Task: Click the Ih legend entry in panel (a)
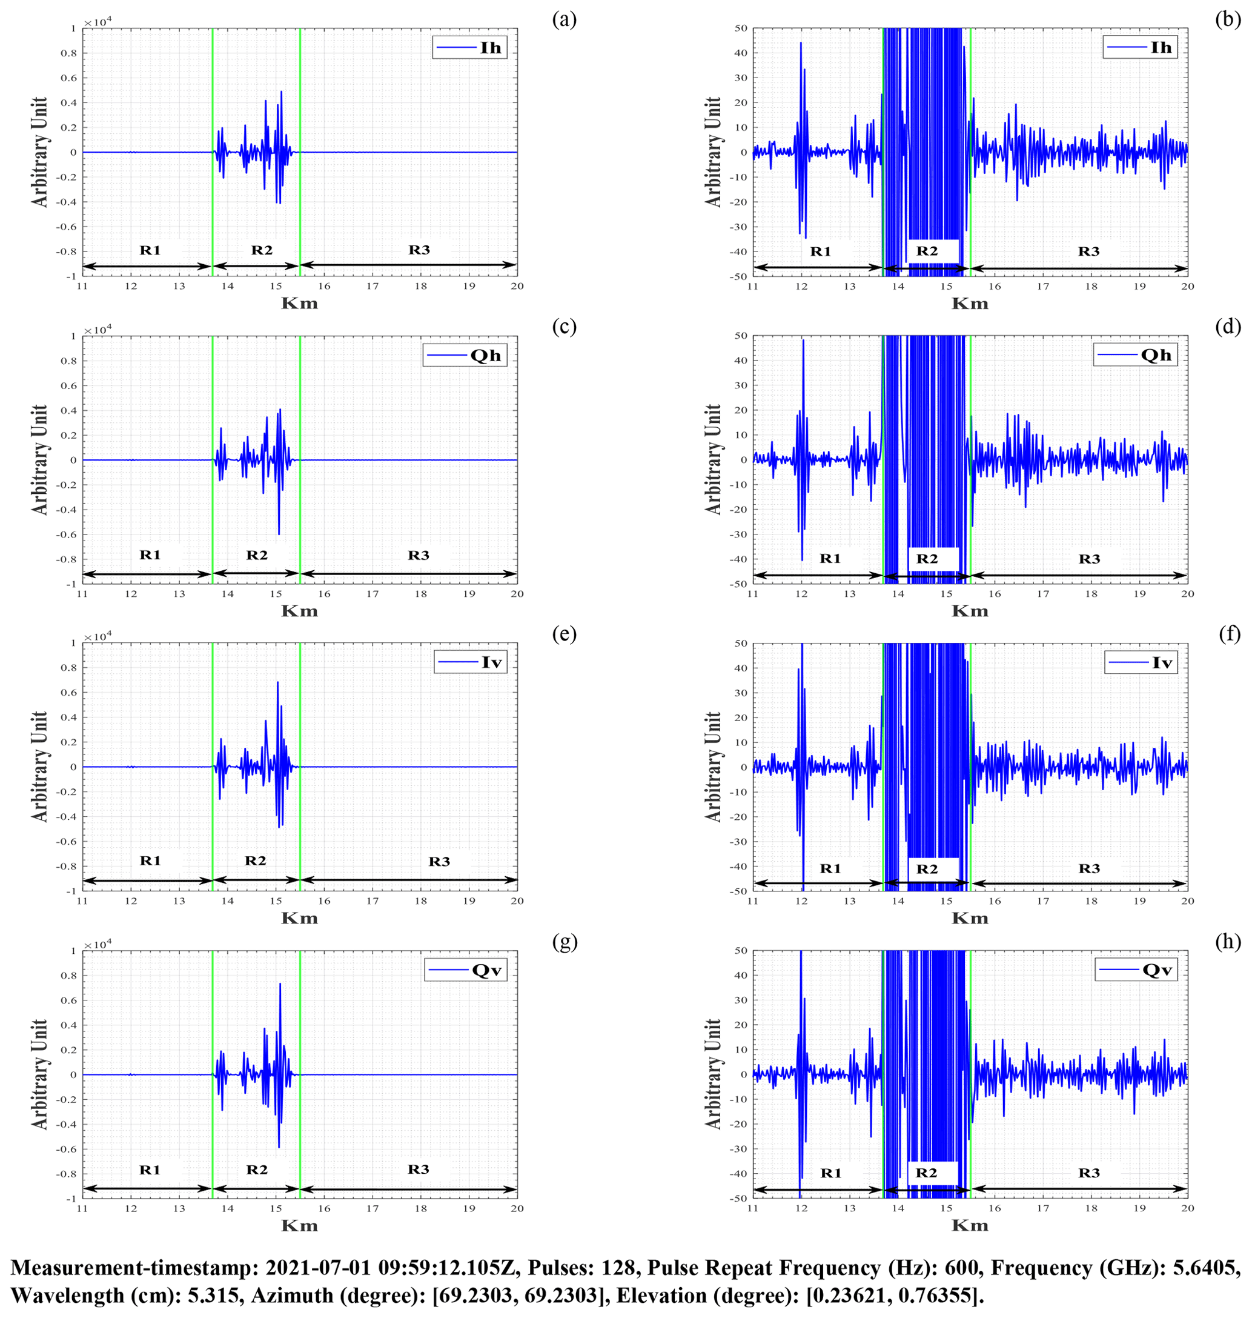click(470, 47)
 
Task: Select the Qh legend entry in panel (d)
click(1135, 355)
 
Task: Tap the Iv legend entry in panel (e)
click(471, 662)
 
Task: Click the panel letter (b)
click(1228, 19)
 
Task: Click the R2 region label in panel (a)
click(262, 250)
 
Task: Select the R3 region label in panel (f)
click(1089, 868)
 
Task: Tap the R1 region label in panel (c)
click(150, 555)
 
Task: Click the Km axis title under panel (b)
click(970, 304)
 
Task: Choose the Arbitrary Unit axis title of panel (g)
click(40, 1074)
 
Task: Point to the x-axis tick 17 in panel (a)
click(373, 287)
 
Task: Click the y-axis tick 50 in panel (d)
click(741, 336)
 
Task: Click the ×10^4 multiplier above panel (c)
click(98, 330)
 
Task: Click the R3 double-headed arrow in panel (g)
click(408, 1188)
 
